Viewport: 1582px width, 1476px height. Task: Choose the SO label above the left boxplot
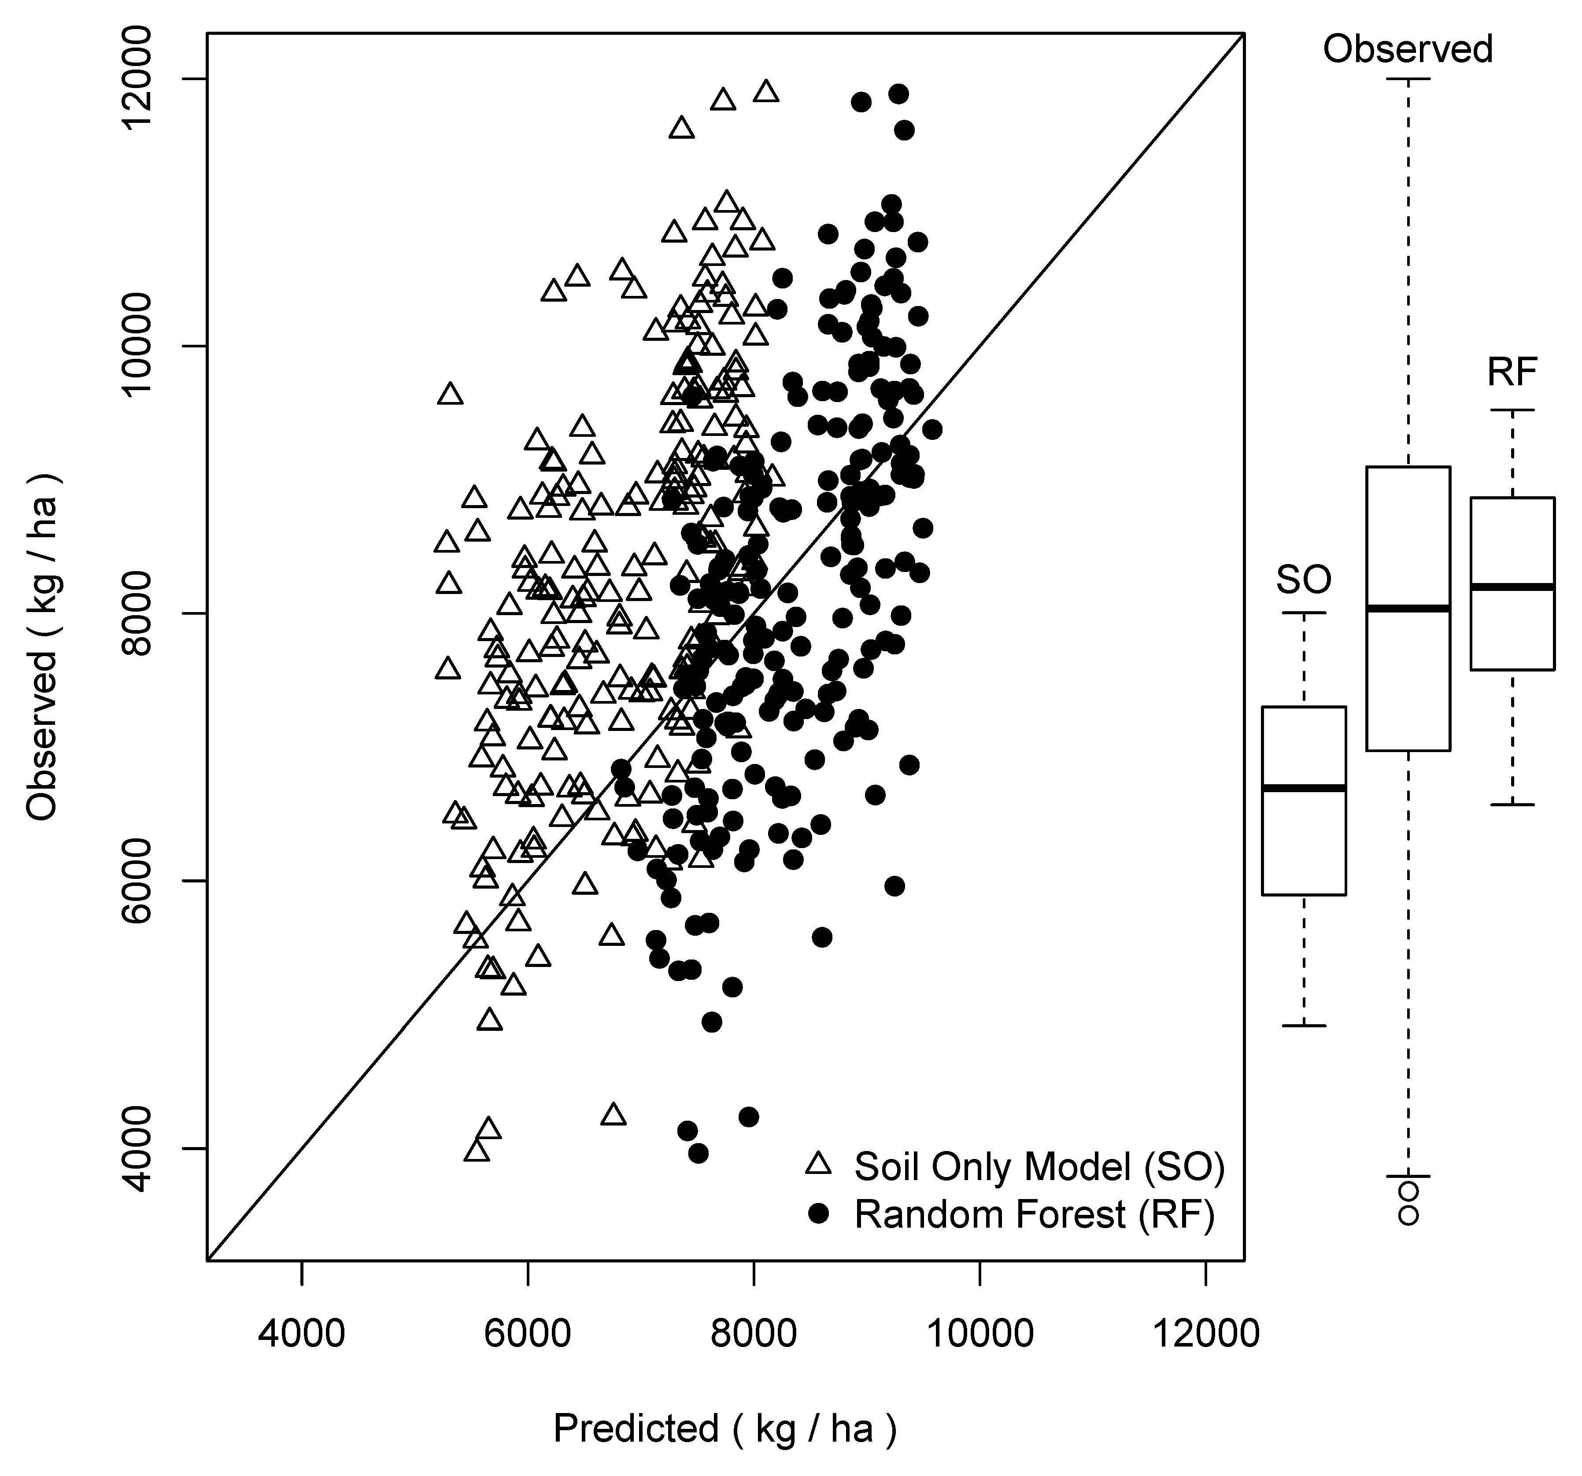1304,579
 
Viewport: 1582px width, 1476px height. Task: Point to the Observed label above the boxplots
1408,49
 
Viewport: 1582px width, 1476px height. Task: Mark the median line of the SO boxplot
1304,788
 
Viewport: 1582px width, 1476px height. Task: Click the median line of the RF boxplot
1512,587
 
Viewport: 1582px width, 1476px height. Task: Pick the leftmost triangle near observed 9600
451,394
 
